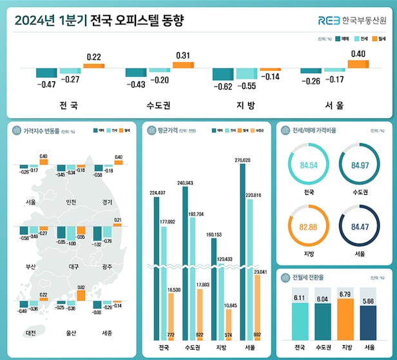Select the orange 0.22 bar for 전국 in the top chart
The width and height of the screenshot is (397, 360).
[93, 66]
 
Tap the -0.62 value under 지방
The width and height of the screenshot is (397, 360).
[223, 86]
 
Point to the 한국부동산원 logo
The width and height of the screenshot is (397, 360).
[351, 20]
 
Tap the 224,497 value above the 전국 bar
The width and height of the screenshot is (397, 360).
[157, 192]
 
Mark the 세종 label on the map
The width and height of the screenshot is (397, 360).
[107, 333]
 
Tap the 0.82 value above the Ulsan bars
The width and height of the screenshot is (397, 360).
[81, 287]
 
